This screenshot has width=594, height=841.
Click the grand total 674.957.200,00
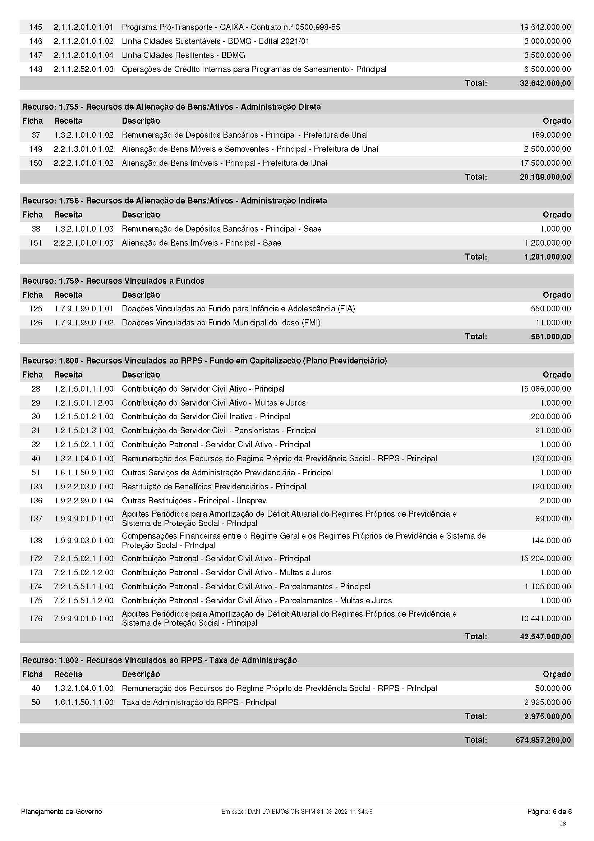click(543, 740)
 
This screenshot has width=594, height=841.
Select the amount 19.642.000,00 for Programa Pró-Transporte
click(545, 27)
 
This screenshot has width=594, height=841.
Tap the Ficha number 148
click(36, 69)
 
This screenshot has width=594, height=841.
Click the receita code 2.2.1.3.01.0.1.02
click(83, 149)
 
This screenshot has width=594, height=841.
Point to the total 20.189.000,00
click(545, 177)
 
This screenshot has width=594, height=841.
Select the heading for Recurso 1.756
click(174, 201)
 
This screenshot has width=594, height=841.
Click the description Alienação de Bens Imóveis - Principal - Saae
click(201, 243)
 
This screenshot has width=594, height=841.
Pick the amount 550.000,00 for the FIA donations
click(551, 309)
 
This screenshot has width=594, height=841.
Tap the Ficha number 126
click(36, 323)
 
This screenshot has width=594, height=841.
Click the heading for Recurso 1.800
click(204, 361)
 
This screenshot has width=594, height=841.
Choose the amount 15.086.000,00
click(545, 389)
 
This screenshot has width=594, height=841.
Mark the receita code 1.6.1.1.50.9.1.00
click(83, 472)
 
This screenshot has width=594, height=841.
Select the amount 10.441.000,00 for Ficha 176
click(545, 619)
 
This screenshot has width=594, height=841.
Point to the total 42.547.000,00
click(545, 637)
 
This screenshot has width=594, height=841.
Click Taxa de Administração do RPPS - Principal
click(199, 703)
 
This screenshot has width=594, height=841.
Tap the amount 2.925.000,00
click(547, 703)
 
